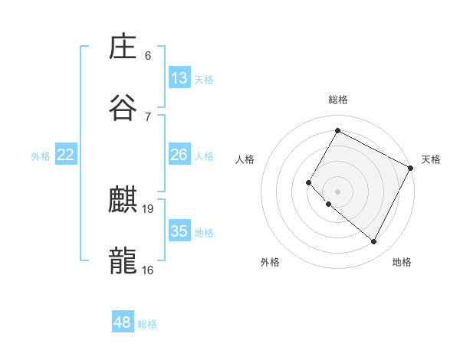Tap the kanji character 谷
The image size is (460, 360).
[123, 107]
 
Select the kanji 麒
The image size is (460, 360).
[123, 201]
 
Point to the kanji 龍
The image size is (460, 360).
[123, 261]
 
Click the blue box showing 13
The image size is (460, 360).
[179, 78]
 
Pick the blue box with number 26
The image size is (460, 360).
[179, 155]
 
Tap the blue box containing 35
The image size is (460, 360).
[179, 231]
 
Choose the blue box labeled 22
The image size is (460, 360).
[66, 155]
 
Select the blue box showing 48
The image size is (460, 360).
[123, 322]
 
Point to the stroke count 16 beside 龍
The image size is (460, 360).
[148, 270]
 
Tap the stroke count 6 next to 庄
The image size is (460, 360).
[148, 55]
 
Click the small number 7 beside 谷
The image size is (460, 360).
[148, 116]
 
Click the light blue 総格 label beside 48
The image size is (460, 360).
[147, 324]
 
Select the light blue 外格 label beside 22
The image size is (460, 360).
[41, 156]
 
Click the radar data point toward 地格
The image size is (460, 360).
[374, 242]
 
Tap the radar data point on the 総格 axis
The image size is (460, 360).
[337, 130]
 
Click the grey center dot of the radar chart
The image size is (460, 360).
[337, 191]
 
